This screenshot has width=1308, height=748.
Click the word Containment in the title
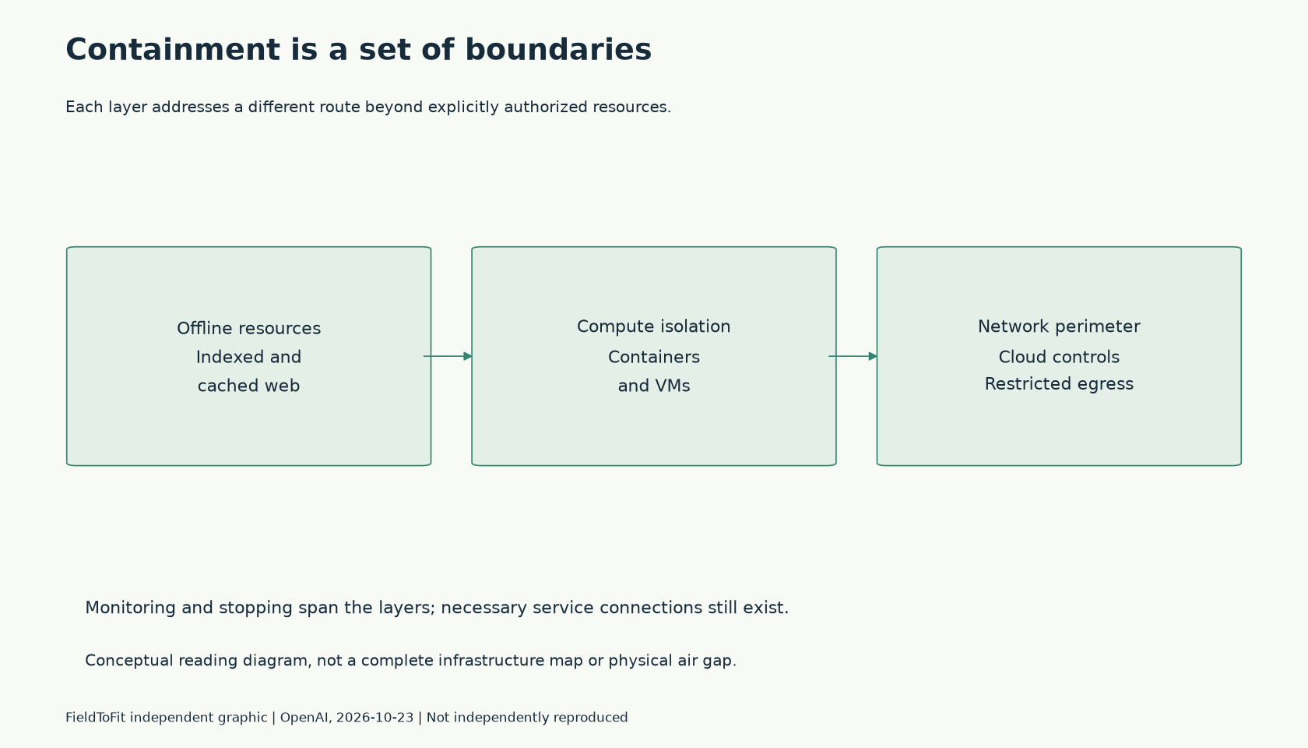[x=173, y=50]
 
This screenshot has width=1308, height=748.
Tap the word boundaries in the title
[x=558, y=50]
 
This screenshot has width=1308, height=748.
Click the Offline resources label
[x=249, y=329]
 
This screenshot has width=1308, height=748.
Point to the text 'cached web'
[x=249, y=386]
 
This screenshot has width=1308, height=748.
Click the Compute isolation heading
[x=654, y=326]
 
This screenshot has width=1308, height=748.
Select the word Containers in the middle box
[x=654, y=357]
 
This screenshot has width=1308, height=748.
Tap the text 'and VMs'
[x=654, y=386]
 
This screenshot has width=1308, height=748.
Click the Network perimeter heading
[x=1059, y=326]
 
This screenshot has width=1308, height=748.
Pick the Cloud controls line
[x=1059, y=357]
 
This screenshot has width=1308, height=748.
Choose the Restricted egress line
[x=1059, y=384]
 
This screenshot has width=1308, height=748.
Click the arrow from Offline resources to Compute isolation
[x=448, y=357]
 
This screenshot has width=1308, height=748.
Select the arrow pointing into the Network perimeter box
[x=853, y=357]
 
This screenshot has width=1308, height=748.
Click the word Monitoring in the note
[x=130, y=608]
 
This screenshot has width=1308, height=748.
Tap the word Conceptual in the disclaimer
[x=129, y=661]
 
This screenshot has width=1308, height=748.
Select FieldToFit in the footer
[x=95, y=718]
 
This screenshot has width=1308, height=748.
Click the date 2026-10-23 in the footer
[x=375, y=718]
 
